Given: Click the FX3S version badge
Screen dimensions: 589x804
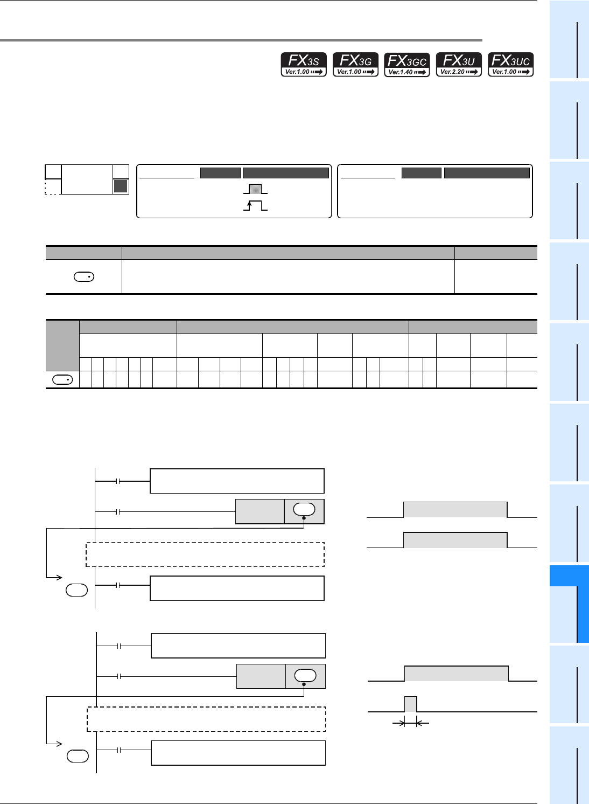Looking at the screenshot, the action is (304, 65).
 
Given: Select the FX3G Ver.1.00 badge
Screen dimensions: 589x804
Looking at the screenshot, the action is (355, 65).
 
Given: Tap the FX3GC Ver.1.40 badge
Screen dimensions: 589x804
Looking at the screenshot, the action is (407, 65).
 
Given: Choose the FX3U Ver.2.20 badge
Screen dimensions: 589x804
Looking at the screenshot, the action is (459, 65).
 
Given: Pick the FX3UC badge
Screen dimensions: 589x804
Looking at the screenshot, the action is (510, 65).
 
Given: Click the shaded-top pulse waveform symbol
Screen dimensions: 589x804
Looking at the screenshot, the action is (255, 189).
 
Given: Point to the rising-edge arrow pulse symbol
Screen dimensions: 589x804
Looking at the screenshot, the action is (255, 205).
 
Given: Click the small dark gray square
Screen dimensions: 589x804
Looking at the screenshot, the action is (121, 186).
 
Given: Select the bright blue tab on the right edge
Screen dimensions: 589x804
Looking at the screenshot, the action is (569, 604).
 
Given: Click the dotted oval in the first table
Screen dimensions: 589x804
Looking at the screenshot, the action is (83, 277).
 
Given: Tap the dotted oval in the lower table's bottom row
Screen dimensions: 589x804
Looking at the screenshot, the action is (62, 380).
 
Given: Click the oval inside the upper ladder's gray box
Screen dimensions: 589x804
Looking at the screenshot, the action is (304, 509).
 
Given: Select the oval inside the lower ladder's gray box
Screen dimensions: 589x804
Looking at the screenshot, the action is (305, 675).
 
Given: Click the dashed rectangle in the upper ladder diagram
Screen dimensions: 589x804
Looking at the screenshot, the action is (205, 555).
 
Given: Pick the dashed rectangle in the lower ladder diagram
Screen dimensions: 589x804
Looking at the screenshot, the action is (206, 719).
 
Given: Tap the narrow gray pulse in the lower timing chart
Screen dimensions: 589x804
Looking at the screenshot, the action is (410, 704).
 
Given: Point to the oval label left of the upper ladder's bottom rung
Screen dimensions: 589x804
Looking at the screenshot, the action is (76, 590).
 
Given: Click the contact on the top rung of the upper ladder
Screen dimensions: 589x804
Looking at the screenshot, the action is (117, 481).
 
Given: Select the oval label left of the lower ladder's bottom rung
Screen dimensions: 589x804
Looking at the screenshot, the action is (78, 756).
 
